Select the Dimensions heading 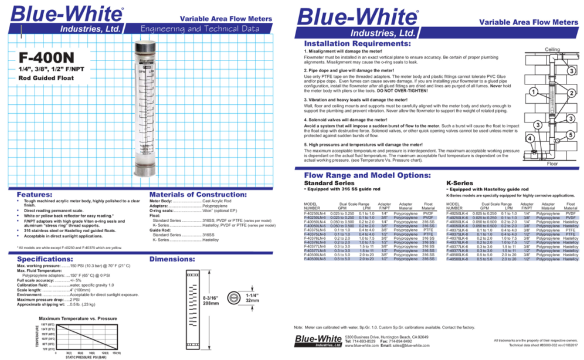(x=174, y=259)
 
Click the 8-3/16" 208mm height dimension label (x=210, y=300)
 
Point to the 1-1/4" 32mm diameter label (x=252, y=297)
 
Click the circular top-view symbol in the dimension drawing (x=233, y=298)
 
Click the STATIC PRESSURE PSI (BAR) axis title (x=86, y=356)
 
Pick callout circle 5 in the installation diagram (x=571, y=135)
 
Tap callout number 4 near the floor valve (x=529, y=138)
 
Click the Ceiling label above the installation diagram (x=553, y=49)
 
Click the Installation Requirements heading (x=357, y=43)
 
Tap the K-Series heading (x=461, y=183)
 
